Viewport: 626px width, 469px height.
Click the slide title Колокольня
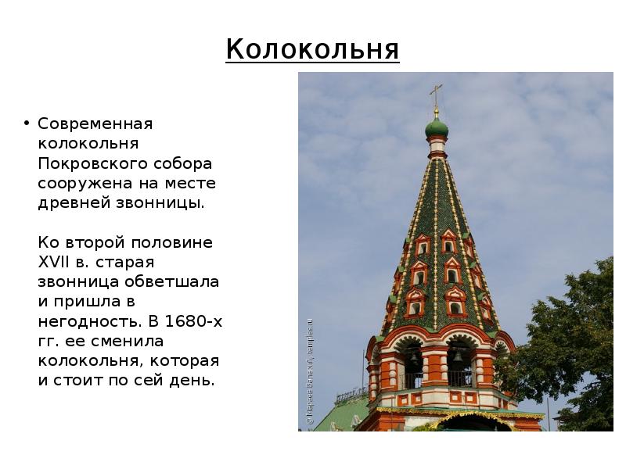pyautogui.click(x=312, y=49)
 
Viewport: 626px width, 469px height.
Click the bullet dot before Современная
pyautogui.click(x=26, y=124)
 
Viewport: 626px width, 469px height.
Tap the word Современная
pyautogui.click(x=95, y=124)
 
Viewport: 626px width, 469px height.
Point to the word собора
pyautogui.click(x=186, y=164)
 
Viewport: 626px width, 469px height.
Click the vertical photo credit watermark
pyautogui.click(x=310, y=372)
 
